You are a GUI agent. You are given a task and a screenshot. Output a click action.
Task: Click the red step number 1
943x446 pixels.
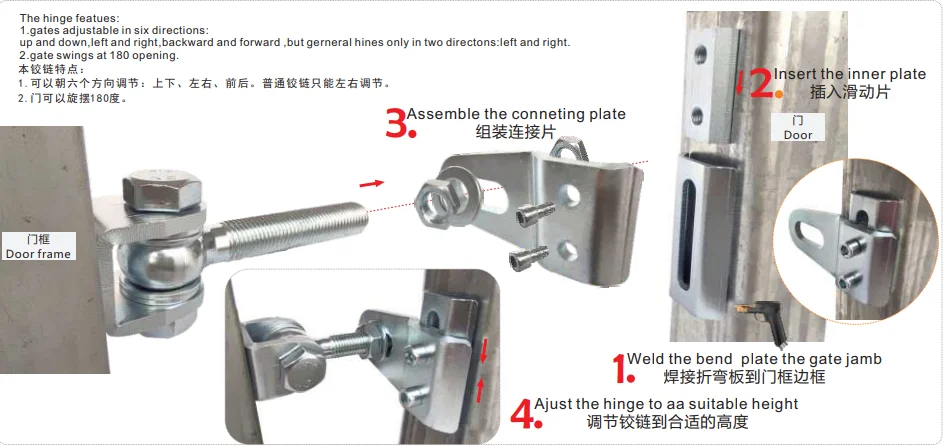coord(619,368)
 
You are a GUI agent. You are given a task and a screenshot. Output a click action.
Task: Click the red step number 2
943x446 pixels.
coord(761,84)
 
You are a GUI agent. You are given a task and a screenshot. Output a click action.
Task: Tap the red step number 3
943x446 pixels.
coord(396,123)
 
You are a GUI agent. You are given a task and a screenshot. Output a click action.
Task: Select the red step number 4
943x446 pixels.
coord(521,414)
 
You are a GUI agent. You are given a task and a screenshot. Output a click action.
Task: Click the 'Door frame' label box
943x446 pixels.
coord(38,246)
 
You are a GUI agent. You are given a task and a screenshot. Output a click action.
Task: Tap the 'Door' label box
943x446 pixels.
coord(797,127)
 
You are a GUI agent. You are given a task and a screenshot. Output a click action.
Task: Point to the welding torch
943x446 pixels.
coord(763,322)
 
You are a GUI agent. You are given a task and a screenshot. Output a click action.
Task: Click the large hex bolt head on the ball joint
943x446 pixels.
coord(162,190)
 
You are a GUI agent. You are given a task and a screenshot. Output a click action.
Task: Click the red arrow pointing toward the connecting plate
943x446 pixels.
coord(372,183)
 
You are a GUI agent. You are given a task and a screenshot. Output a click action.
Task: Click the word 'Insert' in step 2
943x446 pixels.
coord(791,74)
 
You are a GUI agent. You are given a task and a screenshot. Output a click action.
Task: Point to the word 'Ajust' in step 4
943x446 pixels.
coord(553,405)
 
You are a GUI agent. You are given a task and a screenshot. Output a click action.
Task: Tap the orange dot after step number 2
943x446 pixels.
coord(779,94)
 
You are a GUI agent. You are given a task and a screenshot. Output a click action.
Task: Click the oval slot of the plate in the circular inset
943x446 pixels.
coord(808,234)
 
